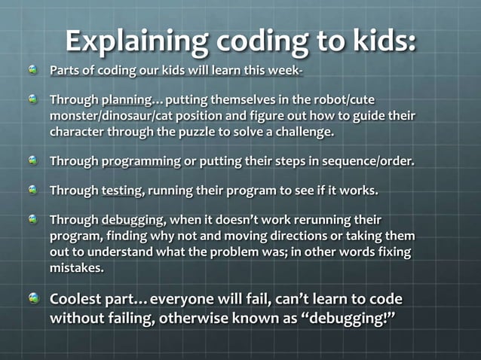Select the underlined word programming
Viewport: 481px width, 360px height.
[141, 160]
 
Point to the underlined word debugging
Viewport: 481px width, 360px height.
[133, 220]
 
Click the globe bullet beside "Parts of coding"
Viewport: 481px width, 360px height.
[32, 70]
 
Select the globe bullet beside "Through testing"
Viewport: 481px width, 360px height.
[32, 189]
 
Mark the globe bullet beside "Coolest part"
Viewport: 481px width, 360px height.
[32, 299]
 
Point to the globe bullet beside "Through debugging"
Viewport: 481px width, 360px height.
[32, 219]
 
